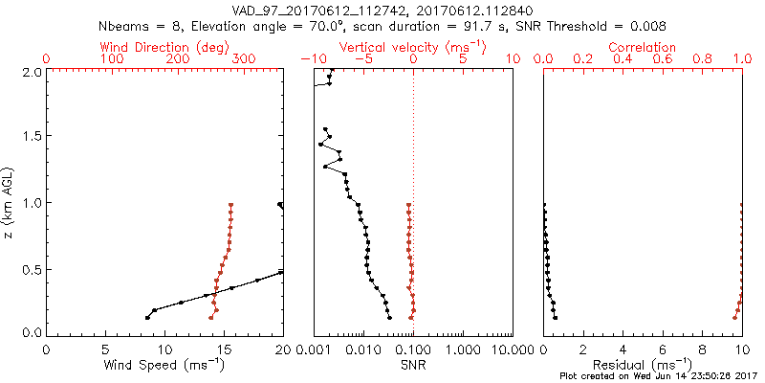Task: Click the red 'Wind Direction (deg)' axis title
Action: click(164, 47)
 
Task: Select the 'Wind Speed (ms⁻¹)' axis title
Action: click(164, 365)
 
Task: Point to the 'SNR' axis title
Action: click(413, 365)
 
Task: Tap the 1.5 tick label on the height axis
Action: click(32, 137)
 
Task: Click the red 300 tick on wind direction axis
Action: click(245, 59)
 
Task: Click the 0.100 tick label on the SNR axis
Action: click(413, 350)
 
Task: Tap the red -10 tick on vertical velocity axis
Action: click(310, 59)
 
